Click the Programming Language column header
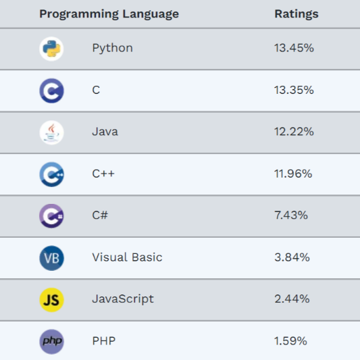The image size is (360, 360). click(109, 14)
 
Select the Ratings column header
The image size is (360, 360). click(296, 14)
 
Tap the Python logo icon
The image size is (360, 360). click(51, 49)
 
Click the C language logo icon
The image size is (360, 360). click(51, 91)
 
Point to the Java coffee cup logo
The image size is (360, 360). click(51, 132)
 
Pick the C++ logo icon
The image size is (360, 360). click(51, 174)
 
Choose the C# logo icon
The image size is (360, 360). click(51, 216)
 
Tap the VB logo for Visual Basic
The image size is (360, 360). click(51, 258)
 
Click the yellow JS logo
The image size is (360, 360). click(51, 300)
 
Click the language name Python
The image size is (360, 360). click(112, 48)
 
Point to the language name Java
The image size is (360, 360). click(105, 132)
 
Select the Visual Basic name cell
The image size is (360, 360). click(127, 257)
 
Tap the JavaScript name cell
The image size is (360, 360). click(123, 299)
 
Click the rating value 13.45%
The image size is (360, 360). click(294, 48)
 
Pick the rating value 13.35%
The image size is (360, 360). click(294, 90)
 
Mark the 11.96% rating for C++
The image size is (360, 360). click(293, 174)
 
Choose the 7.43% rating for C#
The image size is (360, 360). click(291, 215)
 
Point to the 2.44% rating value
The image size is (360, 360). click(292, 299)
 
